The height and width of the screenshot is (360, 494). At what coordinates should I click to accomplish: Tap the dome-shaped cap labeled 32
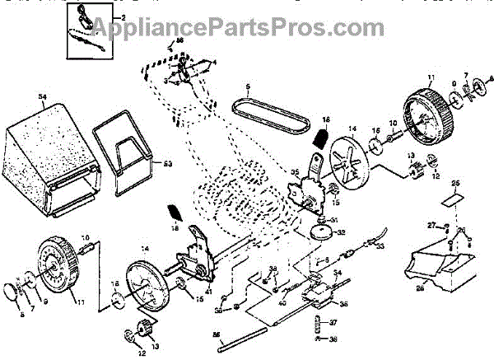pyautogui.click(x=322, y=233)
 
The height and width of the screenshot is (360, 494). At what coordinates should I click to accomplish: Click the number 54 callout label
pyautogui.click(x=44, y=97)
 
